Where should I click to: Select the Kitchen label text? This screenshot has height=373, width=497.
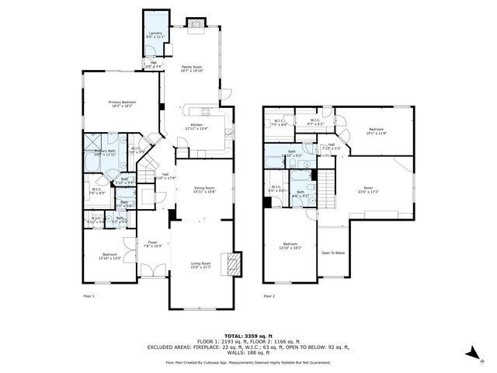coord(196,127)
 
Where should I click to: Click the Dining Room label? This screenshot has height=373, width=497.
coord(204,189)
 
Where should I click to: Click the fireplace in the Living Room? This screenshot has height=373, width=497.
coord(231,264)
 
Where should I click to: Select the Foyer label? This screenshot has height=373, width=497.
coord(152,243)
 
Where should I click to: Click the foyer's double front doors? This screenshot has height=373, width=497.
coord(153,272)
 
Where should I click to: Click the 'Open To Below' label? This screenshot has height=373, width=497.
coord(332,253)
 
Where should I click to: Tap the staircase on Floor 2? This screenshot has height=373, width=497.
coord(330,185)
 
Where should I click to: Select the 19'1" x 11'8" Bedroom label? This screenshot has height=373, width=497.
coord(377,131)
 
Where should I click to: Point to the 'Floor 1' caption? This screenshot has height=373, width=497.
coord(89,296)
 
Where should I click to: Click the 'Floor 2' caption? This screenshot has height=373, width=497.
coord(269,296)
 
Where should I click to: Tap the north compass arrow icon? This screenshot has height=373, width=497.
coord(471,353)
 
